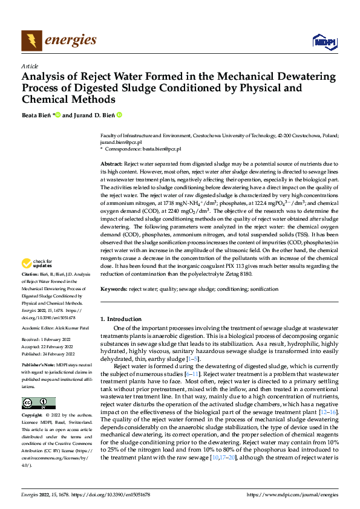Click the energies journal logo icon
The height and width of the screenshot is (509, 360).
[x=31, y=41]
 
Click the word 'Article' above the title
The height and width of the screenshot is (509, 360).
[x=30, y=66]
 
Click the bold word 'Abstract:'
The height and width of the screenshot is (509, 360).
[x=111, y=164]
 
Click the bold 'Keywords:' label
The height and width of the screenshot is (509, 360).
[x=114, y=290]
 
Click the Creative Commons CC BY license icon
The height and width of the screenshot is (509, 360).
[x=38, y=403]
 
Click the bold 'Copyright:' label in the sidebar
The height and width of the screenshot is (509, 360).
[x=32, y=416]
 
